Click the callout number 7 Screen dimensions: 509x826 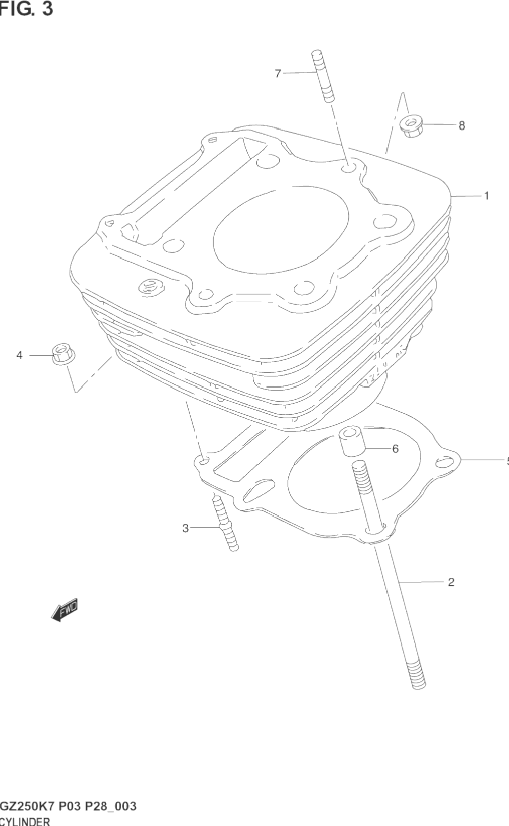pos(278,74)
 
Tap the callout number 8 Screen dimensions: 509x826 pos(461,126)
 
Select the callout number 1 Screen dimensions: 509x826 pos(486,196)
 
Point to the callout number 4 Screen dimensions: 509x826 pos(20,355)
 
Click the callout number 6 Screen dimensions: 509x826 pos(395,449)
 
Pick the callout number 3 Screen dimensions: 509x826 pos(185,528)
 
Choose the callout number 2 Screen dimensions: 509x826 pos(451,582)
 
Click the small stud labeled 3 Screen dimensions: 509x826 pos(226,528)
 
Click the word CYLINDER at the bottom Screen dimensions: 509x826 pos(25,821)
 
